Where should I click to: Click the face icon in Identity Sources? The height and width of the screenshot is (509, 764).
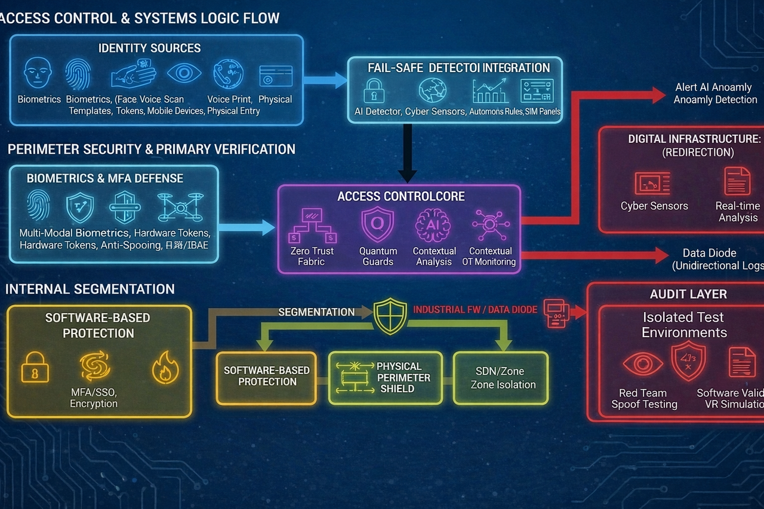coord(38,73)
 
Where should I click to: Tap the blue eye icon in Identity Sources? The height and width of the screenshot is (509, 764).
coord(184,73)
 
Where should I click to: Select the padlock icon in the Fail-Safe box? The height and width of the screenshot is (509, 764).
coord(374,91)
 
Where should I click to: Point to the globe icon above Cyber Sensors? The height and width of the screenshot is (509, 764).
coord(433,91)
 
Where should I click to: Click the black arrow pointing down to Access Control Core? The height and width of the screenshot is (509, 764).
coord(407,153)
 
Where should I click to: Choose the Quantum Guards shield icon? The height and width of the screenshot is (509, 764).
coord(377,225)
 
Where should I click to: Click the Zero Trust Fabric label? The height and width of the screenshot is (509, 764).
coord(312,256)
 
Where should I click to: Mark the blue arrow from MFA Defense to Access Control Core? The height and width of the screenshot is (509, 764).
coord(245,227)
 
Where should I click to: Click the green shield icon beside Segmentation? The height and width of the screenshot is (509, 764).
coord(390,315)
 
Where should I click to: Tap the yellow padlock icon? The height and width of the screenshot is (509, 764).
coord(35,366)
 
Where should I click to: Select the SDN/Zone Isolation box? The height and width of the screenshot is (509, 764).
coord(501,378)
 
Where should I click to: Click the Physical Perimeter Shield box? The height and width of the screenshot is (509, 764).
coord(386,378)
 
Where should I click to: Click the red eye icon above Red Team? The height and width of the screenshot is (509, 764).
coord(642,363)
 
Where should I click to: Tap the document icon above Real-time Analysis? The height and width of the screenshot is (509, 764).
coord(737,181)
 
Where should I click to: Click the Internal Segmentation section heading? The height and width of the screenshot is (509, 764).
coord(90,289)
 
